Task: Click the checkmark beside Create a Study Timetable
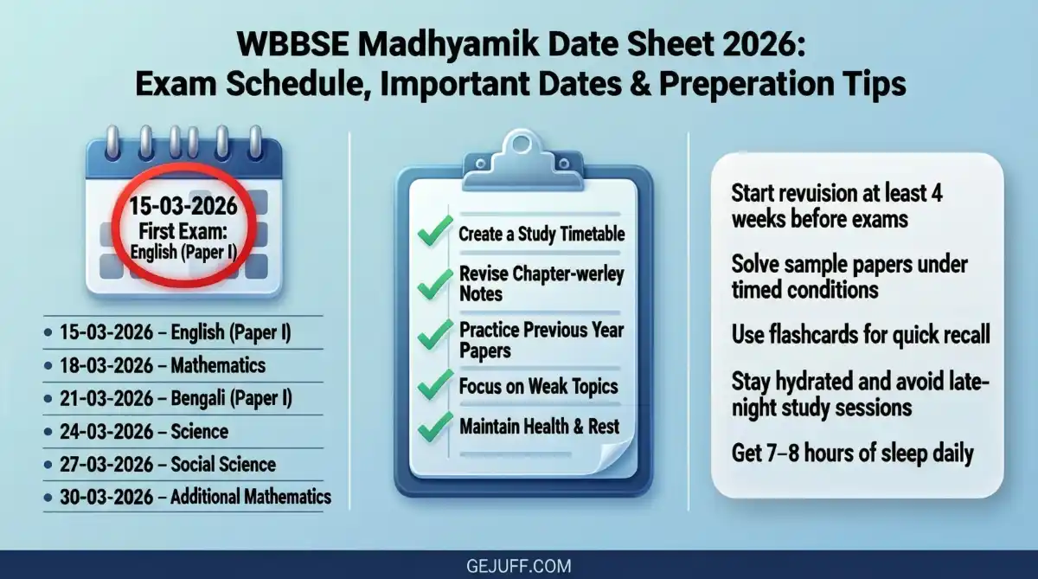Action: (x=435, y=233)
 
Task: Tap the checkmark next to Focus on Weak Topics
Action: (x=435, y=384)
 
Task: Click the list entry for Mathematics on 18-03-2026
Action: (x=163, y=365)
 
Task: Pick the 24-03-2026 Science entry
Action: (x=144, y=431)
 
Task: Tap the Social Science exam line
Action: (x=168, y=464)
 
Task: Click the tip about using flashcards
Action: (x=861, y=334)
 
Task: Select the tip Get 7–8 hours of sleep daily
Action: (x=852, y=452)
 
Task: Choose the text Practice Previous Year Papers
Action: (x=541, y=339)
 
